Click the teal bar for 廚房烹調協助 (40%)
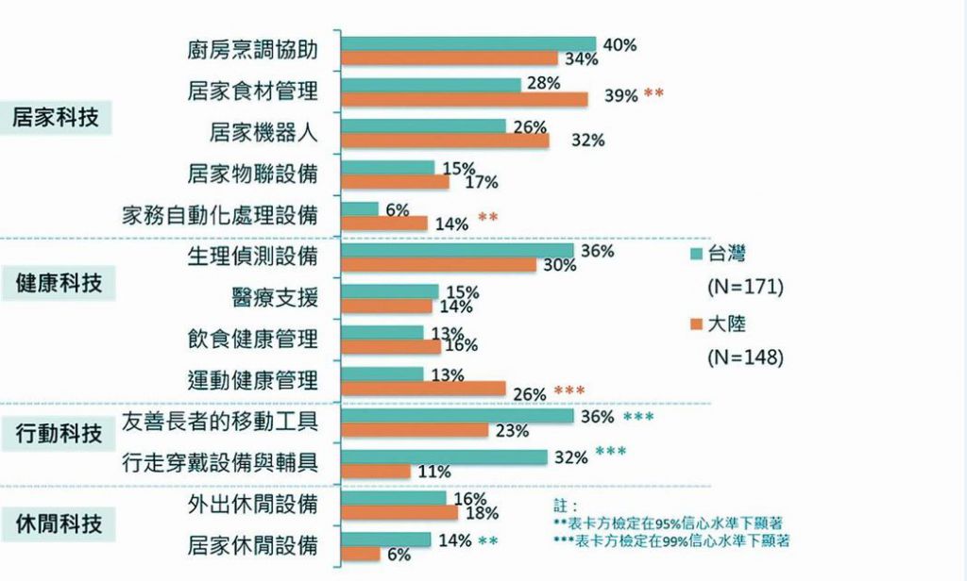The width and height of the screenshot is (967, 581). coord(468,43)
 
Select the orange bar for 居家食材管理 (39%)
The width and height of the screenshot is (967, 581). coord(464,99)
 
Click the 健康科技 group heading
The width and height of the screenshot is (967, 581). coord(59,283)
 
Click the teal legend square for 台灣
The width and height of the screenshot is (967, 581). coord(696,254)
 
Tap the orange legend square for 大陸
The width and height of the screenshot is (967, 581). coord(696,324)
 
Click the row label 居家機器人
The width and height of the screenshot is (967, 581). coord(263,132)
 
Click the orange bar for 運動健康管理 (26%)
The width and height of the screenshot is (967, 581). coord(422,388)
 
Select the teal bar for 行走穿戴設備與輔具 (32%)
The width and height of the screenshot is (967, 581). coord(444,457)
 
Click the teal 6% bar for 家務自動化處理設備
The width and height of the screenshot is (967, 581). coord(360,208)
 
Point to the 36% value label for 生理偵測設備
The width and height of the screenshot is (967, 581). coord(598,252)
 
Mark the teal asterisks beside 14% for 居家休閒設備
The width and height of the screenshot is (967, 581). coord(488,541)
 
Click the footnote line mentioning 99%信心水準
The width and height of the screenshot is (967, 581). coord(671,541)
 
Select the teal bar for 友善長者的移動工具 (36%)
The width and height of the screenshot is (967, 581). coord(457,416)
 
